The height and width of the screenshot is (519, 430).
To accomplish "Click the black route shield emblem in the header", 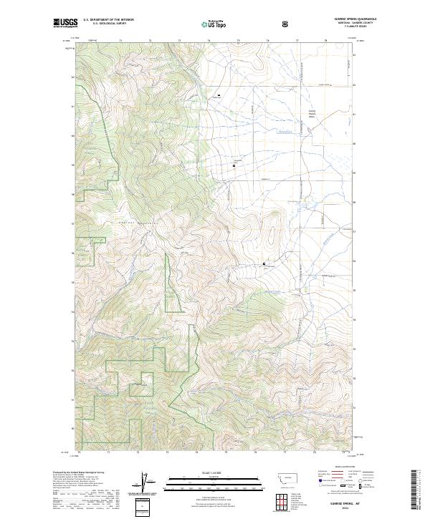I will [x=287, y=24].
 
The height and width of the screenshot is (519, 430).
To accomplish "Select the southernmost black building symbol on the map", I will [x=264, y=264].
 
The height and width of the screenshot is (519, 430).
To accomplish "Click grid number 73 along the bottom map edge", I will [x=167, y=452].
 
